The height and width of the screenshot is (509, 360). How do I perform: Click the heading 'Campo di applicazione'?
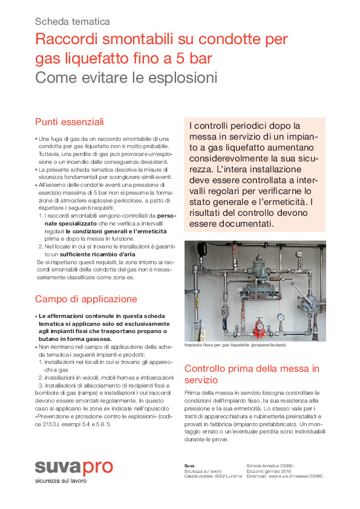pos(86,299)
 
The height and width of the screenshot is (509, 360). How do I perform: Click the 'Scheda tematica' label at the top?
pos(73,21)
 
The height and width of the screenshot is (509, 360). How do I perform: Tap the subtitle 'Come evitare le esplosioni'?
pos(126,78)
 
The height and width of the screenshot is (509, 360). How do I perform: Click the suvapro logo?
pos(73,467)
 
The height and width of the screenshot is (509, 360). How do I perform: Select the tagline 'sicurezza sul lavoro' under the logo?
pos(61,481)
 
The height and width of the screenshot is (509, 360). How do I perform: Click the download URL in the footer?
pos(285,476)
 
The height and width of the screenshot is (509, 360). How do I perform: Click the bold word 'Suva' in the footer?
pos(189,465)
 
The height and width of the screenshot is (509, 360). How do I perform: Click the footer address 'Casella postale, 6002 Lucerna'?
pos(212,476)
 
